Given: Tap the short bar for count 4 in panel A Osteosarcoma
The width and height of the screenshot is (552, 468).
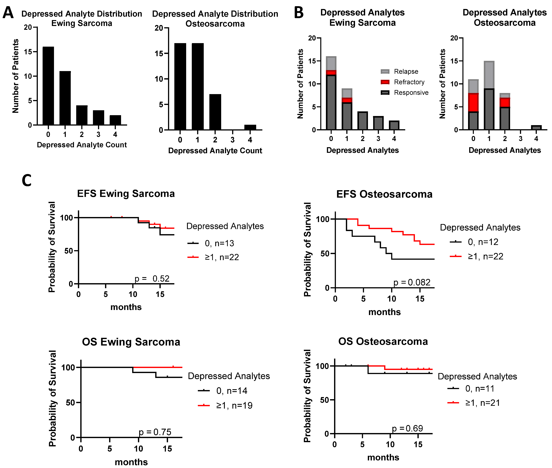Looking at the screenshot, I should [250, 127].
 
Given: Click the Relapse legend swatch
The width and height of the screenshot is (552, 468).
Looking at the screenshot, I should [385, 71].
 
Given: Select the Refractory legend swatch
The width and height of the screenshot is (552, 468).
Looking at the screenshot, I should [385, 82].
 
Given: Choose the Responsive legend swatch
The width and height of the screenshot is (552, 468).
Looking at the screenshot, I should [385, 93].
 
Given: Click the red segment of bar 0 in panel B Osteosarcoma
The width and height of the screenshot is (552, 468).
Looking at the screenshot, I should [473, 102].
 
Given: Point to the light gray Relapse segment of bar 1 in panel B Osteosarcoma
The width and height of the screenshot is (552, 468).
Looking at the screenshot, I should [489, 75].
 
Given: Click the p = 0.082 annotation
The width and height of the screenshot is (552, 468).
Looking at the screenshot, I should [412, 282].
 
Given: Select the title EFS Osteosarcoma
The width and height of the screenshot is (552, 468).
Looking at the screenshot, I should [384, 194].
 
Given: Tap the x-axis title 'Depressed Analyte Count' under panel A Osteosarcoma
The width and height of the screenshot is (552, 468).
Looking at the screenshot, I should [215, 151].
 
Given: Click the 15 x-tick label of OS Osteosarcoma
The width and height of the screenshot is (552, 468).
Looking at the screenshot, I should [418, 444].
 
